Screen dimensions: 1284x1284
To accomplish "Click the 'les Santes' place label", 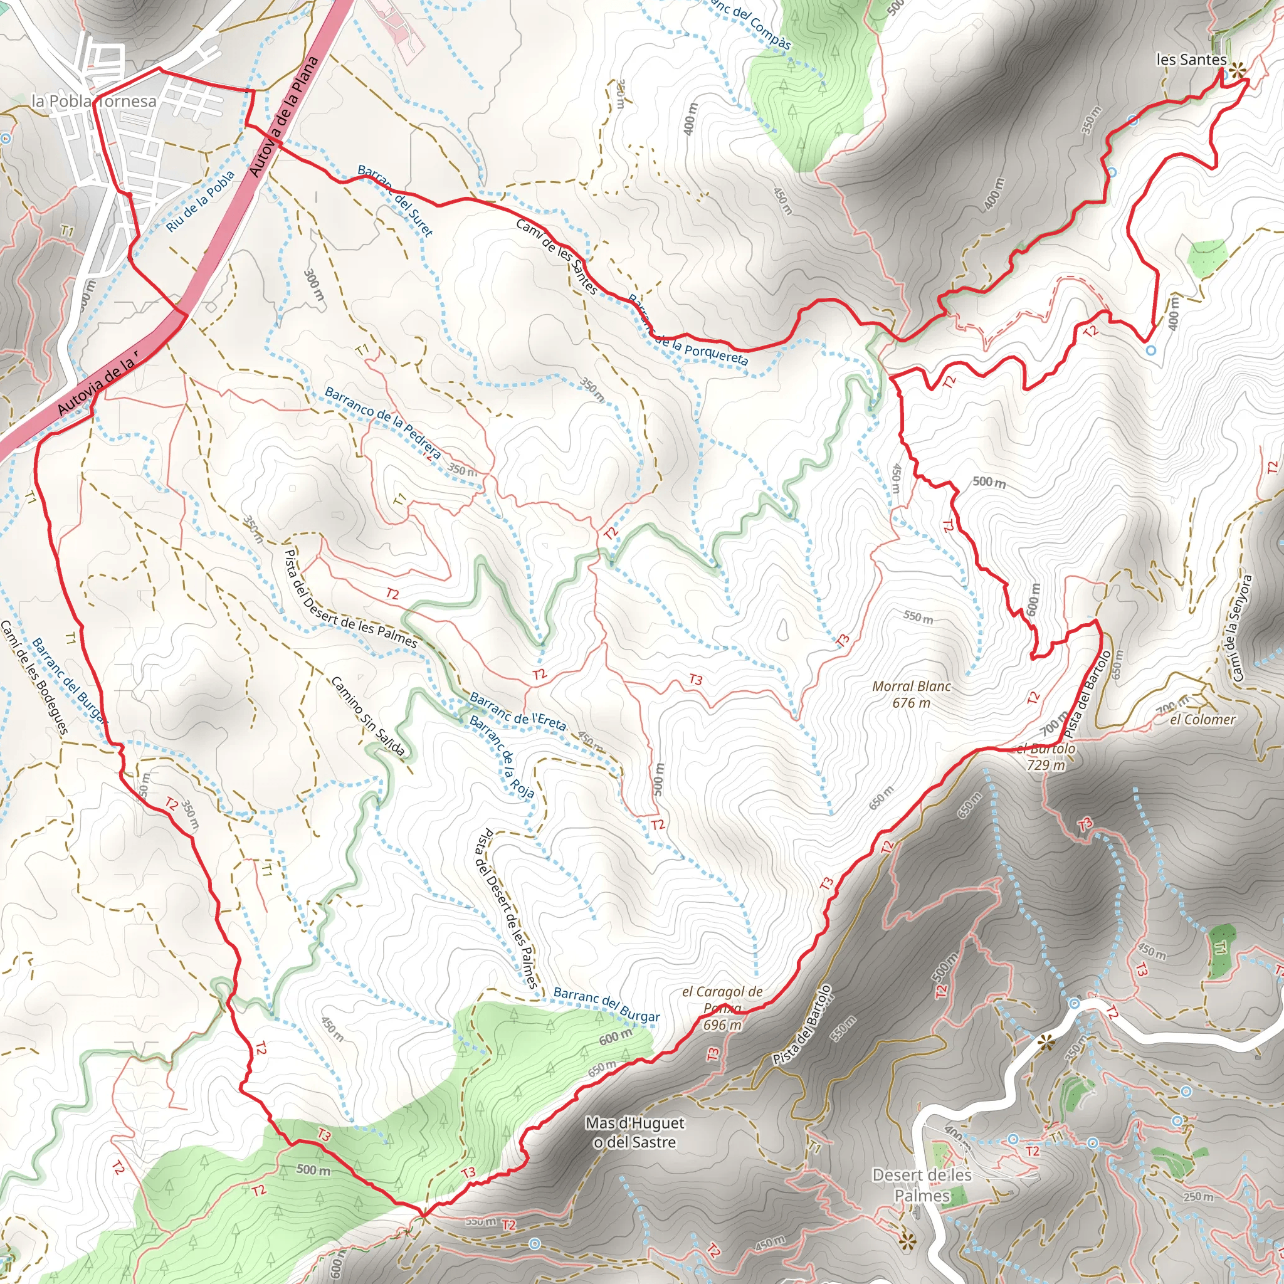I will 1191,60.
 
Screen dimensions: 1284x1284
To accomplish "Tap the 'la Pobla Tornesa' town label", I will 93,101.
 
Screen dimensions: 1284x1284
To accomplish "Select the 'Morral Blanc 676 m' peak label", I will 911,694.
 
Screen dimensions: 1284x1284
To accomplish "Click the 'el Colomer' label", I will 1203,719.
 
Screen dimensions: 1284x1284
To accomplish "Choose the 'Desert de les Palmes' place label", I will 922,1185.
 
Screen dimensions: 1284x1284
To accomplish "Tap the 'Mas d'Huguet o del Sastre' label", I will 634,1132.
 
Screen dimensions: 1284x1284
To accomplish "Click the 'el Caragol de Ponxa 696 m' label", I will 722,1008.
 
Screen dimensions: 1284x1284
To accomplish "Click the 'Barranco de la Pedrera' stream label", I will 382,423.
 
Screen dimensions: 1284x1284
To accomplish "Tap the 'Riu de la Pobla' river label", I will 200,201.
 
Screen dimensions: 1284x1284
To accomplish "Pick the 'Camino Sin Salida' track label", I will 367,717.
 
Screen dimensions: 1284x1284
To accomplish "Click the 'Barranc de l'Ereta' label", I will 518,711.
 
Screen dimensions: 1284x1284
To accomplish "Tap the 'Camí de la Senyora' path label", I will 1241,628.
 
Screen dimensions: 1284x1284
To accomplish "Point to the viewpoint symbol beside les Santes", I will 1237,70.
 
